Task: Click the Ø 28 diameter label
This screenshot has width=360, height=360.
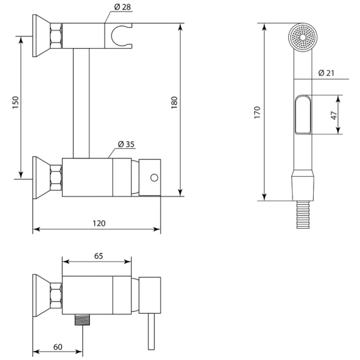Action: (x=122, y=7)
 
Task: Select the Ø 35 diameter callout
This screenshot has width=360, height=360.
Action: (x=126, y=144)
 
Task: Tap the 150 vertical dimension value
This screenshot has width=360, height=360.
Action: (x=15, y=103)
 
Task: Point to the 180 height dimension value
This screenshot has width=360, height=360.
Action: (x=174, y=103)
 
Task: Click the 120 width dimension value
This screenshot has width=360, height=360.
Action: (x=99, y=223)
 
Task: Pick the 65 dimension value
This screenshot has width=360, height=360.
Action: (x=99, y=256)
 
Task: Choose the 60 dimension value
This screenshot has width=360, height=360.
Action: (x=58, y=347)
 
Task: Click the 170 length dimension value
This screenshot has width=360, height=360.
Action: (x=257, y=112)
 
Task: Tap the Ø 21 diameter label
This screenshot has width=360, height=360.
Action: (x=326, y=73)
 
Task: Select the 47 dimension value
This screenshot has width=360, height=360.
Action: (x=334, y=115)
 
